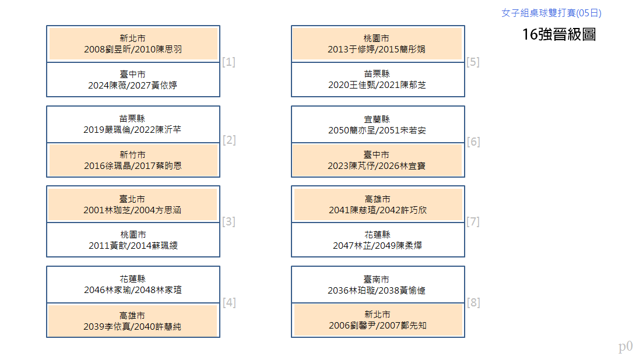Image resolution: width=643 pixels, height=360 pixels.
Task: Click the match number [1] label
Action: pyautogui.click(x=229, y=62)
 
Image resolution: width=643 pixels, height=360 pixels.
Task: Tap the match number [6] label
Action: pyautogui.click(x=473, y=142)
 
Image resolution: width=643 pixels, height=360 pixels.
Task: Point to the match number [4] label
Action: pyautogui.click(x=229, y=303)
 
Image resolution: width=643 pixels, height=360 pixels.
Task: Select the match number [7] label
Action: pyautogui.click(x=473, y=221)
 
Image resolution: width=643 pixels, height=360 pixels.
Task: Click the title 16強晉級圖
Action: pyautogui.click(x=559, y=34)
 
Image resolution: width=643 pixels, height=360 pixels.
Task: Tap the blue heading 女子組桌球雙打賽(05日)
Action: pyautogui.click(x=551, y=13)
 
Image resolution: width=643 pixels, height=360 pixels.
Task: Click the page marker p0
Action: pyautogui.click(x=626, y=347)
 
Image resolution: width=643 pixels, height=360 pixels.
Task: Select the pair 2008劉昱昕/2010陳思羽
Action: pyautogui.click(x=133, y=50)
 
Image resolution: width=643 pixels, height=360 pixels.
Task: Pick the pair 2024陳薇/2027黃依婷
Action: pyautogui.click(x=132, y=85)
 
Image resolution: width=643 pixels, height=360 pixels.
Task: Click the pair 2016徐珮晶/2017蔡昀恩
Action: pyautogui.click(x=133, y=166)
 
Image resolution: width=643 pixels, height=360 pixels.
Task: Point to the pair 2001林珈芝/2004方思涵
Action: pyautogui.click(x=132, y=210)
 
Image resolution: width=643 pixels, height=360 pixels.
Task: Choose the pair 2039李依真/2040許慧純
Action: pyautogui.click(x=132, y=326)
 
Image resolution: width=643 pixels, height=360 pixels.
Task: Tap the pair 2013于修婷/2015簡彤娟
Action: pyautogui.click(x=377, y=50)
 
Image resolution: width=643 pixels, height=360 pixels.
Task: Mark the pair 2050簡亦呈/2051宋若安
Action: pyautogui.click(x=377, y=130)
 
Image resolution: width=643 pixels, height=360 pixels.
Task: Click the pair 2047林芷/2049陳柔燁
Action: pyautogui.click(x=377, y=245)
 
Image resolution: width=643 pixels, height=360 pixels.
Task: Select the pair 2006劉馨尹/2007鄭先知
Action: pyautogui.click(x=378, y=326)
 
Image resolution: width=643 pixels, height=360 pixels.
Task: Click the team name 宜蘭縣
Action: pyautogui.click(x=377, y=119)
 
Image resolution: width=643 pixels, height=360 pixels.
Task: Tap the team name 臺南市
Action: pyautogui.click(x=377, y=279)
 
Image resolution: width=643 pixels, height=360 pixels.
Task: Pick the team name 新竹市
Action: pyautogui.click(x=132, y=155)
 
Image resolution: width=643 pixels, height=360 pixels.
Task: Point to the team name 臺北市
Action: pyautogui.click(x=132, y=199)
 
